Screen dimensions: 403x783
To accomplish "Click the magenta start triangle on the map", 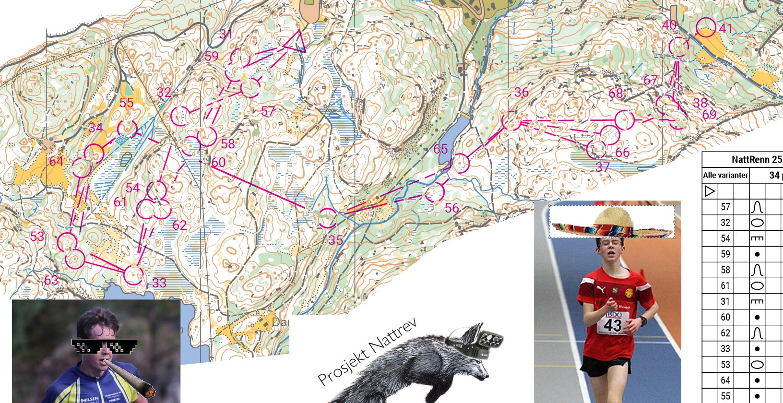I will click(x=294, y=42).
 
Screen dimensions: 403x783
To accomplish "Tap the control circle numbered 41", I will click(x=706, y=27).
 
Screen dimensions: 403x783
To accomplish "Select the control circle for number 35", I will click(x=328, y=218).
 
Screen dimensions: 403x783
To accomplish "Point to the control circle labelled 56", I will click(x=434, y=192).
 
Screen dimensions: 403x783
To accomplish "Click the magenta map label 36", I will click(x=521, y=92).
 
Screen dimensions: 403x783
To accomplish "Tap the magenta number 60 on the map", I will click(x=218, y=163).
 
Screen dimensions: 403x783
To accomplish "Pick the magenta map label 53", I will click(x=37, y=237).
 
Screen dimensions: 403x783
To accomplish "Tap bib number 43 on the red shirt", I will click(x=613, y=325).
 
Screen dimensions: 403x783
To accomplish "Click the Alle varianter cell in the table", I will click(x=725, y=175).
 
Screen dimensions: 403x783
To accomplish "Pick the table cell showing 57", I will click(x=725, y=207).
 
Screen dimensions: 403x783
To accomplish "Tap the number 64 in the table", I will click(x=725, y=380).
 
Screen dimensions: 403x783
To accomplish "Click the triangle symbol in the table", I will click(x=710, y=191).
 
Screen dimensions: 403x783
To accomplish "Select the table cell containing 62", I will click(x=725, y=333).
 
